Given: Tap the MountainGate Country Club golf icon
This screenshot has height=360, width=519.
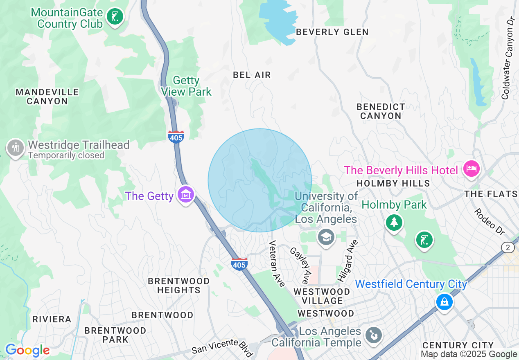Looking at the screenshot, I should pos(115,17).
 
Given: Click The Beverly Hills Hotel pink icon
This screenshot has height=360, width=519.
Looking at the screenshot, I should pos(471,169).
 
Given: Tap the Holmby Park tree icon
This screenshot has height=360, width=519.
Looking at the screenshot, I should pos(394,222).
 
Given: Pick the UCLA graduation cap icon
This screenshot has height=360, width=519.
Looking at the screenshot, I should pos(326,237).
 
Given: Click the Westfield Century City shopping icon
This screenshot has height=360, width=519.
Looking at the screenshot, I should pos(444,302).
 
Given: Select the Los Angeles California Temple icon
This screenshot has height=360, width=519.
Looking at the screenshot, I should pos(373,335).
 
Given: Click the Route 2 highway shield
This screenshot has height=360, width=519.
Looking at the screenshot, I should pos(508,248).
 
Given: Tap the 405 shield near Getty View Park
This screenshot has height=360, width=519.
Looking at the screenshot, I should pos(176,137).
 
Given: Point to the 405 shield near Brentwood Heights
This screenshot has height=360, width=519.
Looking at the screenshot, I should pos(239,264).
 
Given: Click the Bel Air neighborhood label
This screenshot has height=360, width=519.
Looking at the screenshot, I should pos(252,75).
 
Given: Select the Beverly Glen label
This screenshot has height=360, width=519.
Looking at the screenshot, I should pos(332,32).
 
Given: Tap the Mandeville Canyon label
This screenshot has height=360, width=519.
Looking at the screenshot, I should pos(47,97).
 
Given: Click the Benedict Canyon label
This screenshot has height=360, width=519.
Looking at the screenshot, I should pos(381,111).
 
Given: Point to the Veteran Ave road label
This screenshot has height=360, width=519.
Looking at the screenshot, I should pos(277,264).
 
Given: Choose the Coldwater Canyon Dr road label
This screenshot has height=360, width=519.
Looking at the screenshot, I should pos(508,57).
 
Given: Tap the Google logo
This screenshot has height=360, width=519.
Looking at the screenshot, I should pos(27,350).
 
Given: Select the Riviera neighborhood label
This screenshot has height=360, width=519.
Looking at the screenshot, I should pos(52,319).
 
